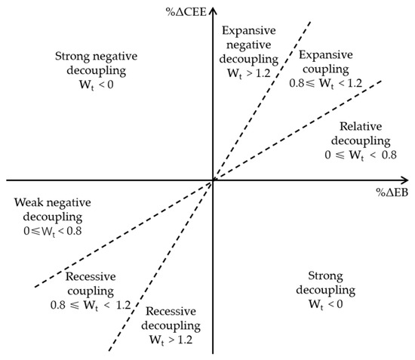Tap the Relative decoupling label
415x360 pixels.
[x=364, y=133]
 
